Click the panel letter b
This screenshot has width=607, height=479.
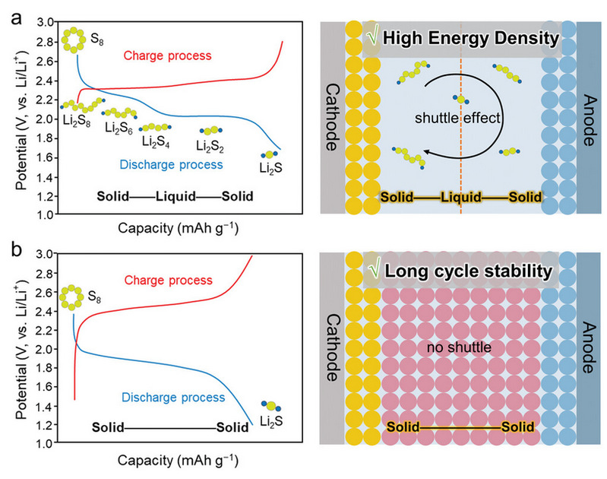point(8,248)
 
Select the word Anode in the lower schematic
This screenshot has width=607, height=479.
point(587,346)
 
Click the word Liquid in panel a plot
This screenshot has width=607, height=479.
point(175,196)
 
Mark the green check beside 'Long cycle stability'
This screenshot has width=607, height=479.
point(374,268)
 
